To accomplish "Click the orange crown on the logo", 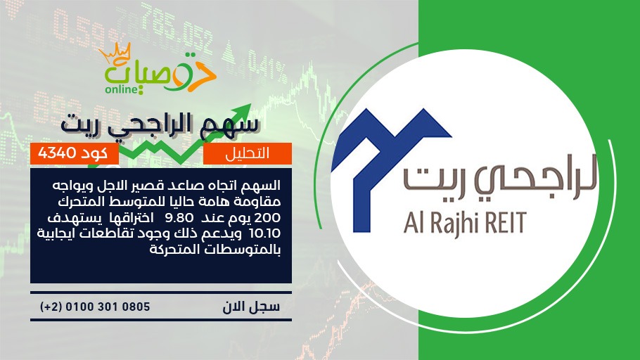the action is (x=115, y=53).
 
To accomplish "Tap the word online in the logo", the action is (x=122, y=89).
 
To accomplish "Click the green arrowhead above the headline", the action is (x=243, y=111).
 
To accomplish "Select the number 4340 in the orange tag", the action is (x=57, y=153).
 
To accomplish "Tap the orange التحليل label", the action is (x=248, y=153).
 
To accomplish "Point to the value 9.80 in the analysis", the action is (x=179, y=217).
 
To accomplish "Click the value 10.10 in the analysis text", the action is (x=264, y=233).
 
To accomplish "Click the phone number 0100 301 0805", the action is (x=108, y=307).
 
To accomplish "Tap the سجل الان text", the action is (x=251, y=307).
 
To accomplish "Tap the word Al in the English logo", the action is (x=412, y=222).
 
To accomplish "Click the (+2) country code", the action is (x=50, y=307).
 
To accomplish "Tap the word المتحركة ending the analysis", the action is (x=176, y=250).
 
